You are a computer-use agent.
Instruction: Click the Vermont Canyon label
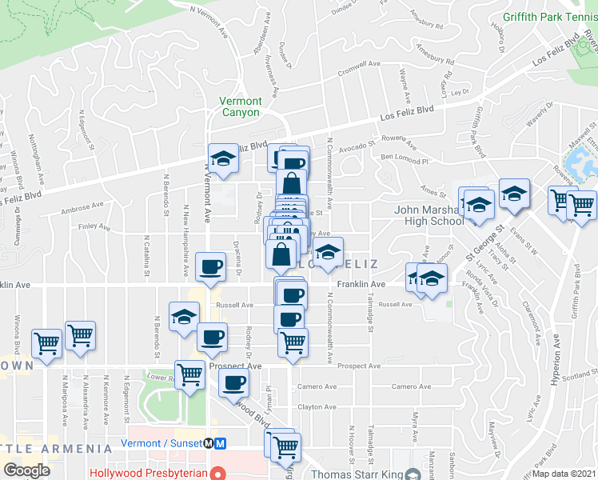coord(241,106)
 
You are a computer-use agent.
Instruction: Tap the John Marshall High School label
coord(429,216)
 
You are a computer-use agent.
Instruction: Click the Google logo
coord(26,470)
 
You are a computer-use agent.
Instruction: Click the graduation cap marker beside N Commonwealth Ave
coord(326,252)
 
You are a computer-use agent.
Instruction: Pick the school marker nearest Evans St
coord(513,194)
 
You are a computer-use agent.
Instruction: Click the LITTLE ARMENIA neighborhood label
coord(56,448)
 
